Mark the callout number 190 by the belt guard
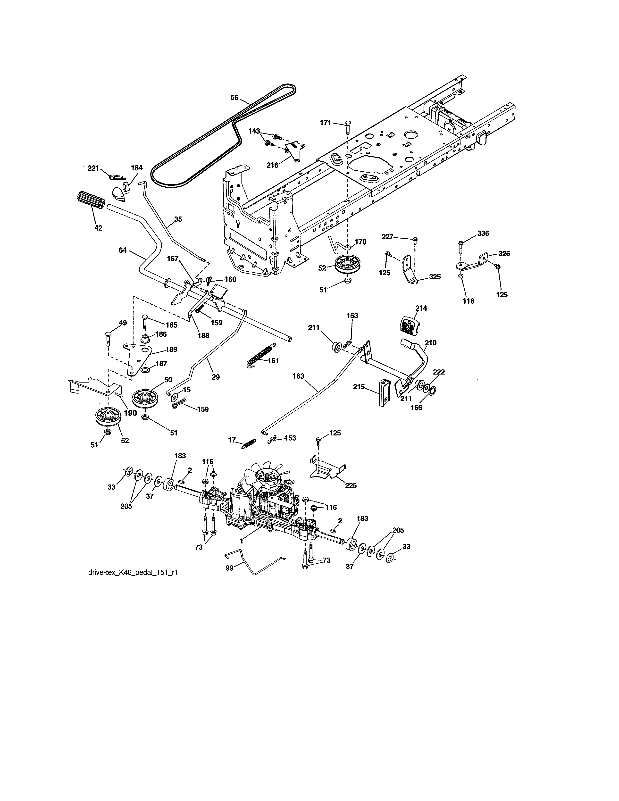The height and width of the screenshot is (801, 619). pyautogui.click(x=130, y=413)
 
